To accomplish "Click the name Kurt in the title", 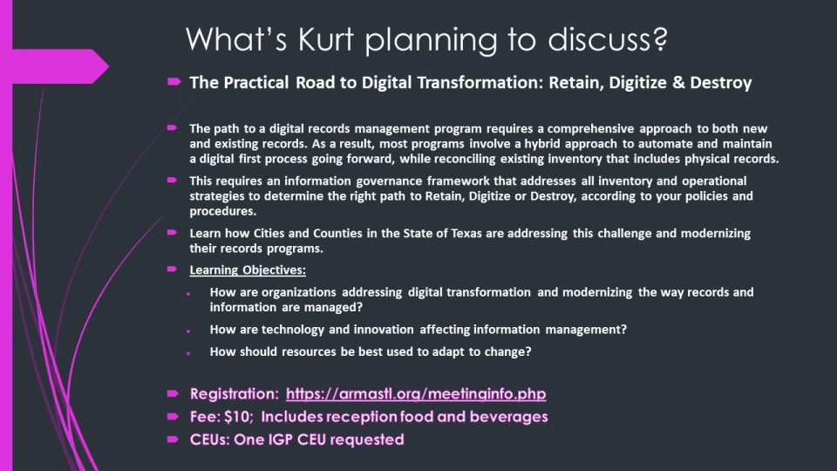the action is click(x=325, y=39).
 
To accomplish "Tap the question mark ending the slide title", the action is click(x=659, y=38).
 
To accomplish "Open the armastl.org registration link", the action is click(x=416, y=394).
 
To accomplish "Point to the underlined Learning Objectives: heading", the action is click(x=248, y=270).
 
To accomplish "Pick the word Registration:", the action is click(x=235, y=394).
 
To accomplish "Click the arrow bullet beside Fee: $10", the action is click(x=173, y=416).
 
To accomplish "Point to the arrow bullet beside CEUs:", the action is click(x=173, y=439).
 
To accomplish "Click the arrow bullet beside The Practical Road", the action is click(x=174, y=82).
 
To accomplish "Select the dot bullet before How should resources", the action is click(x=188, y=353).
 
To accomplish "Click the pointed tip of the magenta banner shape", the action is click(x=108, y=66).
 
